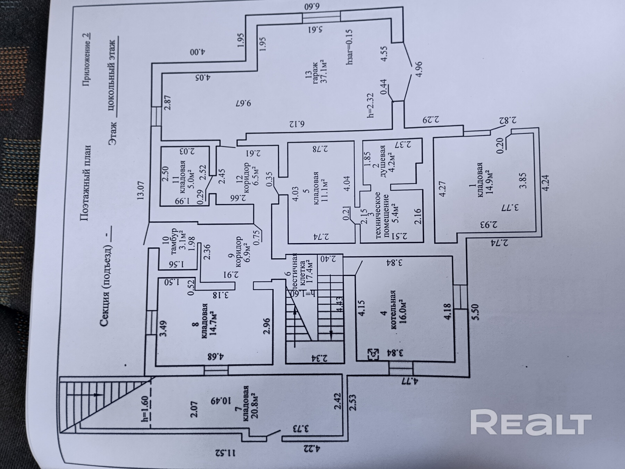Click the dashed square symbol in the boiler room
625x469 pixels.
[x=374, y=354]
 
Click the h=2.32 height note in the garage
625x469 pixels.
[x=370, y=105]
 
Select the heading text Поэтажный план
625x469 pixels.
[x=85, y=183]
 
